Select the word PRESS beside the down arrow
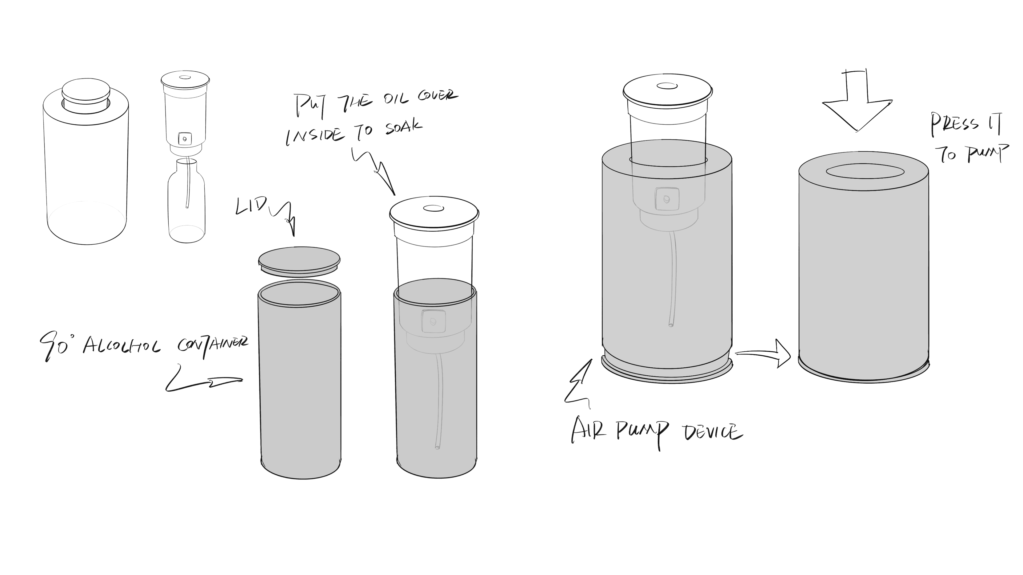pos(955,125)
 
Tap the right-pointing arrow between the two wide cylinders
pos(762,353)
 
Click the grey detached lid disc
pos(299,262)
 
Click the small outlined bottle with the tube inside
pos(187,200)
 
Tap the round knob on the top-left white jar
pos(86,95)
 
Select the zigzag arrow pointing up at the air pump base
pos(578,383)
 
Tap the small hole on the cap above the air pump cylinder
pos(667,86)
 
